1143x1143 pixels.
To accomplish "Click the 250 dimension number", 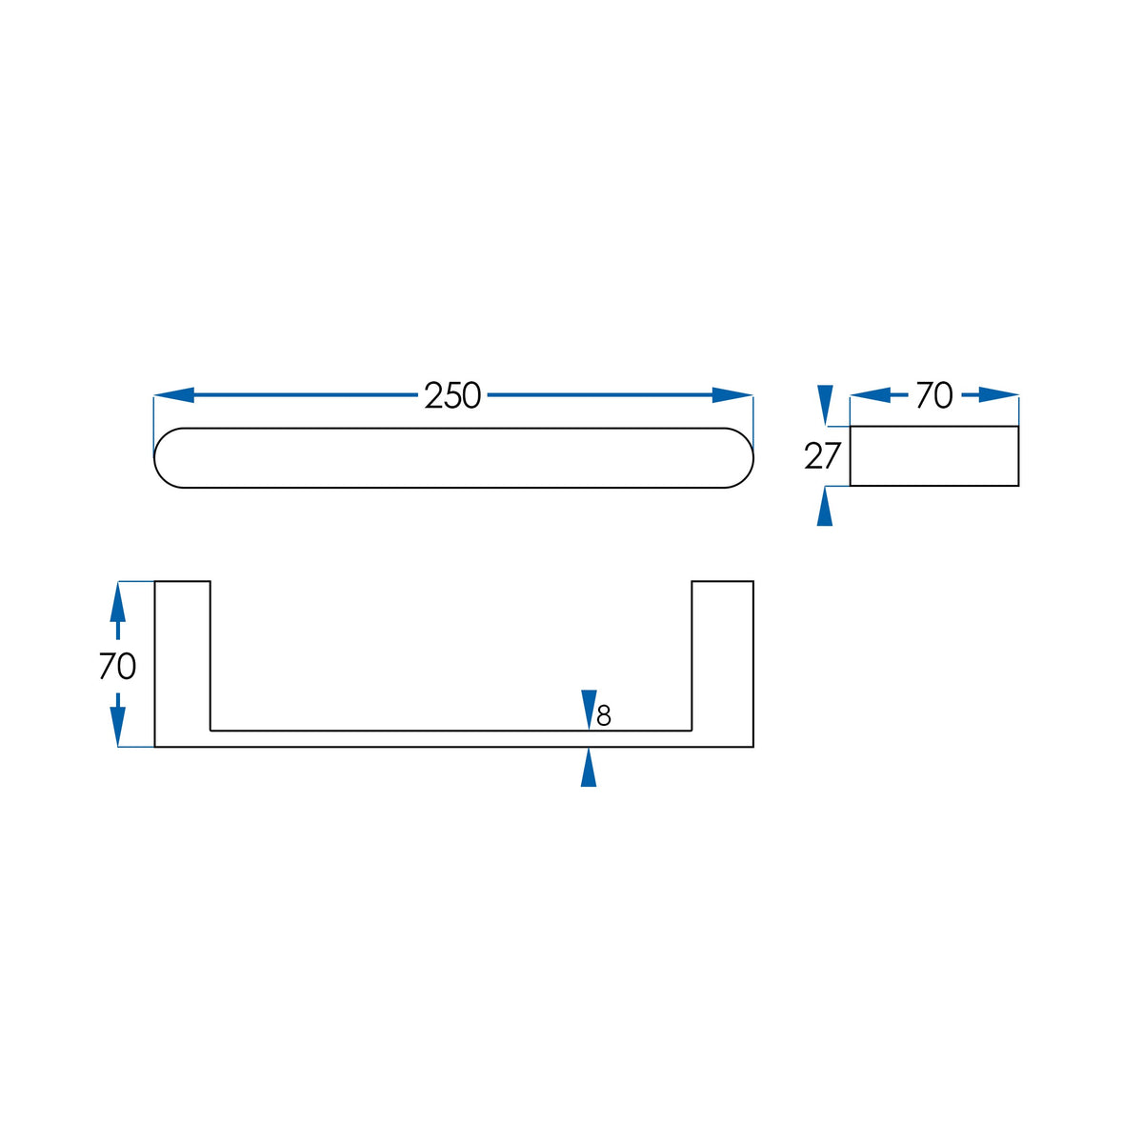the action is click(452, 395).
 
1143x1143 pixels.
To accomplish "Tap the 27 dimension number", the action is click(823, 456).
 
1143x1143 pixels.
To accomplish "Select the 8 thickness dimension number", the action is click(604, 716).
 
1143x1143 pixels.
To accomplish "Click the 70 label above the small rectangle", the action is click(934, 395).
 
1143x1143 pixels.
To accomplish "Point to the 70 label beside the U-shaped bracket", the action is click(117, 666).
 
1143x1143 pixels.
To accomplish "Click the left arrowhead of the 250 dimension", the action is click(173, 395).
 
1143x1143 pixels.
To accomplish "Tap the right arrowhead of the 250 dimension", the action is click(732, 395).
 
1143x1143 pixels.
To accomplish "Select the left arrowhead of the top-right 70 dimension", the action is click(871, 395).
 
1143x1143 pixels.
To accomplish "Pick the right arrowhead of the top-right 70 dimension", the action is click(999, 395).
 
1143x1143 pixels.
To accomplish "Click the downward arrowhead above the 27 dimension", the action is click(825, 405).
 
